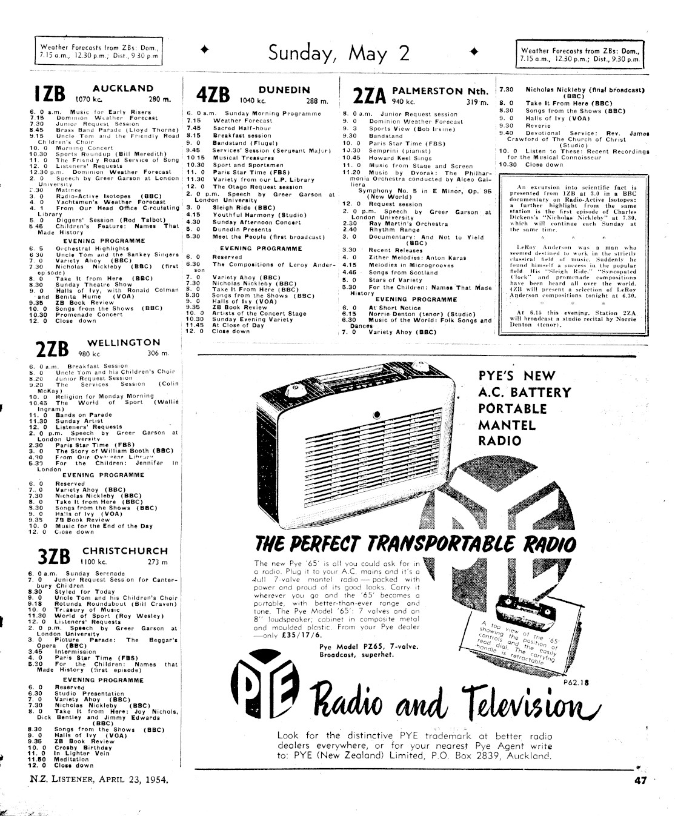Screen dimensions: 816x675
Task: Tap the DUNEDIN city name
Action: [x=284, y=89]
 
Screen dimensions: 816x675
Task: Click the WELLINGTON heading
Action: [x=124, y=342]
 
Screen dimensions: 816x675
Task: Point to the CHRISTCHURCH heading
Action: [x=125, y=551]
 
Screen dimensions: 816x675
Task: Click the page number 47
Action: [x=640, y=781]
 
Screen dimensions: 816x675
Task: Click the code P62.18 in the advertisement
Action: [x=575, y=682]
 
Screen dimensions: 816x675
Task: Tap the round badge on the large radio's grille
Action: [x=377, y=415]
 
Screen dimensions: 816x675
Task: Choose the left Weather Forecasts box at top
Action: [x=99, y=51]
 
